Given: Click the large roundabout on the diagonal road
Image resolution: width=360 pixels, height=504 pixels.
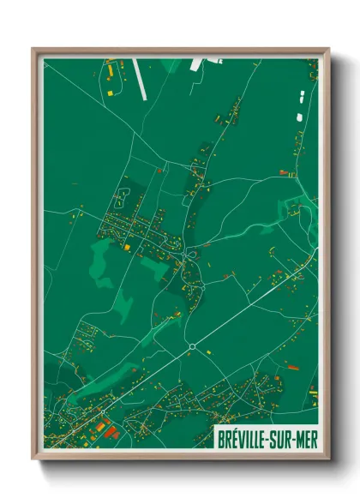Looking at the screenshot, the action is pyautogui.click(x=192, y=346).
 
